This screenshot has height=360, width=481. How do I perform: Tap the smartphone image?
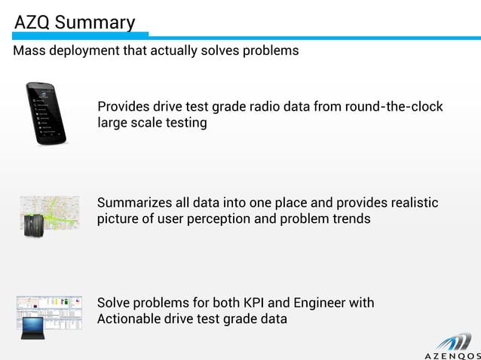[x=45, y=113]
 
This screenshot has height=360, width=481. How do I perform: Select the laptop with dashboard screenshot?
[x=49, y=313]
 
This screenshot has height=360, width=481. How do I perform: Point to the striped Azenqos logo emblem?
[x=454, y=338]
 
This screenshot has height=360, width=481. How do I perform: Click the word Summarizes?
[x=136, y=203]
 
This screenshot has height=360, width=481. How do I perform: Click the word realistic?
[x=410, y=203]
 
